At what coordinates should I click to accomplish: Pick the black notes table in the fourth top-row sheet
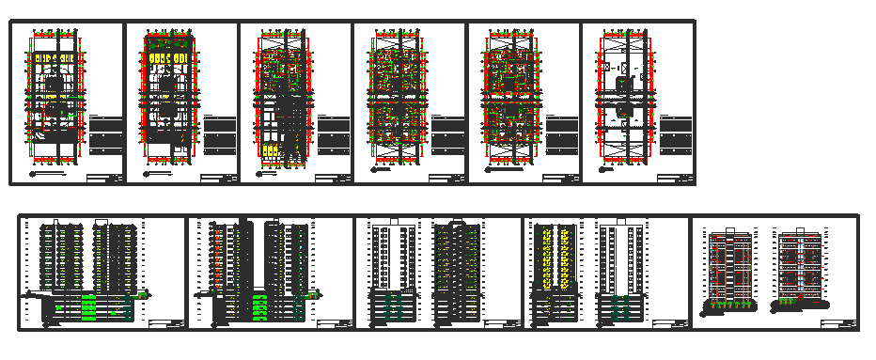(447, 135)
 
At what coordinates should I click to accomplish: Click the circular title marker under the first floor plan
(33, 174)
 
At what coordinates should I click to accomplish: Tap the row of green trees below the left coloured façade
(730, 304)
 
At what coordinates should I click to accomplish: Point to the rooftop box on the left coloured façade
(729, 228)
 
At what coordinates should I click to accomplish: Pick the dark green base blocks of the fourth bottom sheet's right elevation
(619, 309)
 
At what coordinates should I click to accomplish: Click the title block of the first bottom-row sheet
(165, 324)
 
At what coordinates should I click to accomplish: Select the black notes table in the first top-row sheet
(106, 135)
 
